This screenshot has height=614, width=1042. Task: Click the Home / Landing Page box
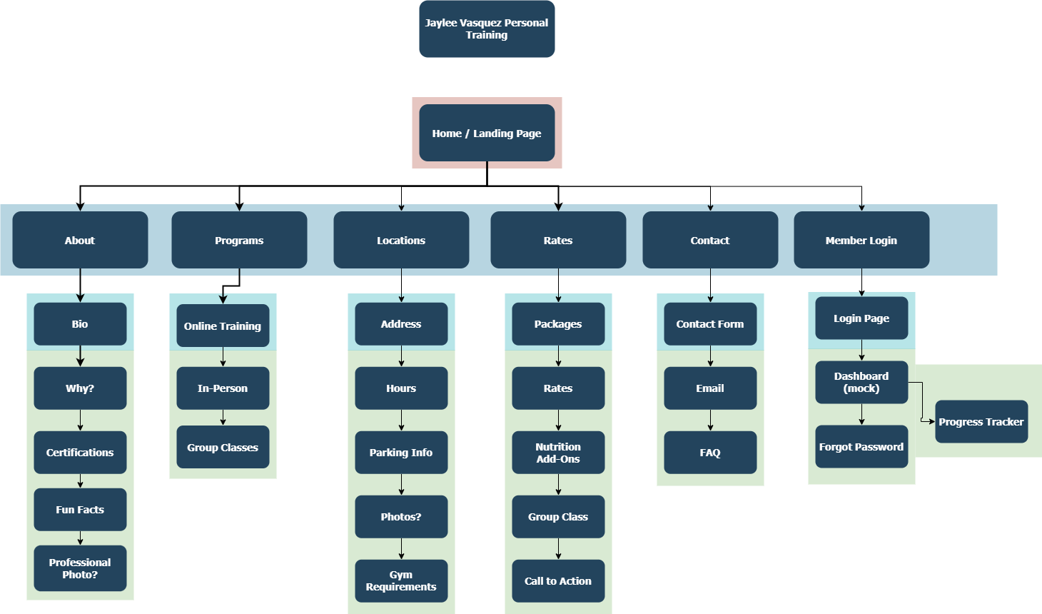(487, 133)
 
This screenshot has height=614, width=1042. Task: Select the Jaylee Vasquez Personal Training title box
(487, 29)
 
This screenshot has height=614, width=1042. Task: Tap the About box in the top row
(80, 240)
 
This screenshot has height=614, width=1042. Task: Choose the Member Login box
(861, 240)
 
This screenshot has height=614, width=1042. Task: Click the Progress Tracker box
(981, 421)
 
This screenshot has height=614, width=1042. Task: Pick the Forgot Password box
(861, 447)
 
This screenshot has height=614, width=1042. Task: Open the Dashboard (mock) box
(861, 382)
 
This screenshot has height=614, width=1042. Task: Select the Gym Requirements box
(401, 580)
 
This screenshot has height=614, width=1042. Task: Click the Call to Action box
(558, 580)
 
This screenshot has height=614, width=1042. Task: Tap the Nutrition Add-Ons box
(558, 453)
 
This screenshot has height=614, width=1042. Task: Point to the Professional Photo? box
(80, 568)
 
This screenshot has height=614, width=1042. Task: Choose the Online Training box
(223, 326)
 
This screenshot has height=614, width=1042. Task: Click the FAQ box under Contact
(710, 453)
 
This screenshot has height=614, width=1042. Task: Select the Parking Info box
(401, 453)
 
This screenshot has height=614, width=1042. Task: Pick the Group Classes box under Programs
(223, 447)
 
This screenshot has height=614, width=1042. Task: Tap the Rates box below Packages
(558, 388)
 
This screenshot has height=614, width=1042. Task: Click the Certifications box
(80, 453)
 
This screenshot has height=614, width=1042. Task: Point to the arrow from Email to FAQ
(710, 421)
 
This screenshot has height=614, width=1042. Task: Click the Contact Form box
(710, 324)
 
